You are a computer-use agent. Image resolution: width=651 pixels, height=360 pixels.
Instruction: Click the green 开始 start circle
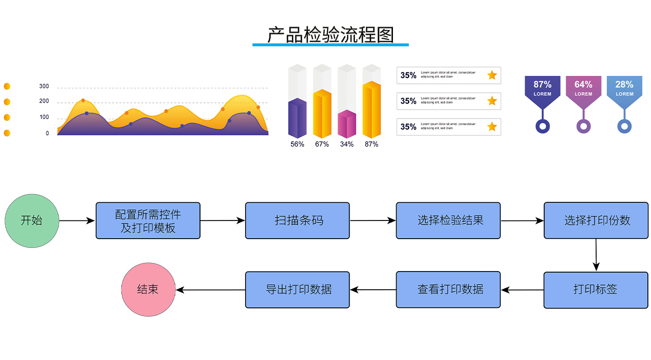tap(32, 221)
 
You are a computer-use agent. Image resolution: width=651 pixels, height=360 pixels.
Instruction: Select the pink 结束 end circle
tap(148, 289)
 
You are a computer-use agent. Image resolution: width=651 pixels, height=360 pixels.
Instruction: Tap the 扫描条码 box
tap(297, 220)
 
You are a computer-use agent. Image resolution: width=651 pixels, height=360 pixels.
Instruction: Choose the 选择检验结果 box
tap(448, 220)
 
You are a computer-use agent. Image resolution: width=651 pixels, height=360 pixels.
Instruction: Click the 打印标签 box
tap(596, 290)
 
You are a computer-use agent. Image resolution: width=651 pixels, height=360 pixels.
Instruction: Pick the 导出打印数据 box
tap(297, 290)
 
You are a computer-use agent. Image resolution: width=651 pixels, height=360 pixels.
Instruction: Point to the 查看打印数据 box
tap(448, 290)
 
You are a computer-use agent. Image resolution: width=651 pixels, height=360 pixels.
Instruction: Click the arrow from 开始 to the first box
tap(77, 221)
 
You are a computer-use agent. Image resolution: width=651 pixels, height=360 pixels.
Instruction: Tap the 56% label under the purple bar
tap(297, 144)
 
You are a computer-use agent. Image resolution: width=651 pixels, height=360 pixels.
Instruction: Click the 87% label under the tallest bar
tap(372, 144)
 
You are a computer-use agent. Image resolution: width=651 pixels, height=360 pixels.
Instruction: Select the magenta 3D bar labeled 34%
tap(346, 124)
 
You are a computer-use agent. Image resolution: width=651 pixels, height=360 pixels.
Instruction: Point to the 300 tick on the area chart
tap(44, 86)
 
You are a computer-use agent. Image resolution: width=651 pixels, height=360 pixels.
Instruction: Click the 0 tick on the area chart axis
tap(47, 133)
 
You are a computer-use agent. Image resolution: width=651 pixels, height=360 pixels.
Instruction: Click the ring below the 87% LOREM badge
tap(543, 126)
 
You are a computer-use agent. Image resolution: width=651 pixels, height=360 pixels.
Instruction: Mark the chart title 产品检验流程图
tap(331, 35)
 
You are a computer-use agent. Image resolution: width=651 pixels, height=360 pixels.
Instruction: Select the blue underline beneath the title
tap(331, 45)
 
